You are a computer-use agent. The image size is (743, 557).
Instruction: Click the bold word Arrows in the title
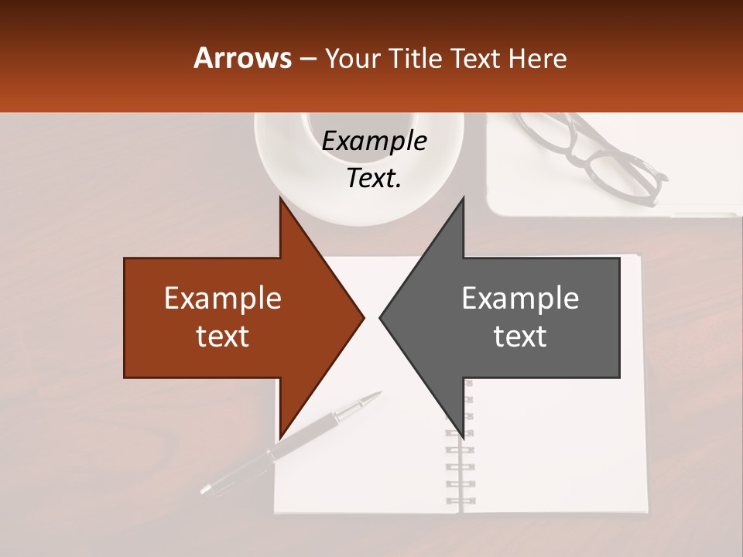[243, 58]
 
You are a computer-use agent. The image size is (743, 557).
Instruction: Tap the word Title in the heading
[417, 58]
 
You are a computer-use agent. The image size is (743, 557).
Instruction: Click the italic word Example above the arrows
[375, 141]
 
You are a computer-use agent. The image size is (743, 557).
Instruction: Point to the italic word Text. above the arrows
[375, 179]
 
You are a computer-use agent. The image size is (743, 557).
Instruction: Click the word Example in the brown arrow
[223, 299]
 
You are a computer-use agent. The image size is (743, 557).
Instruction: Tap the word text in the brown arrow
[223, 336]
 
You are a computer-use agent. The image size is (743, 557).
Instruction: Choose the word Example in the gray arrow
[520, 299]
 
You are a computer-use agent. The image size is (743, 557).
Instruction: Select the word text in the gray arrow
[520, 336]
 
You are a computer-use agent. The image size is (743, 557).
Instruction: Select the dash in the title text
[307, 59]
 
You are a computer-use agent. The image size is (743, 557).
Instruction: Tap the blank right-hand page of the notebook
[557, 449]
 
